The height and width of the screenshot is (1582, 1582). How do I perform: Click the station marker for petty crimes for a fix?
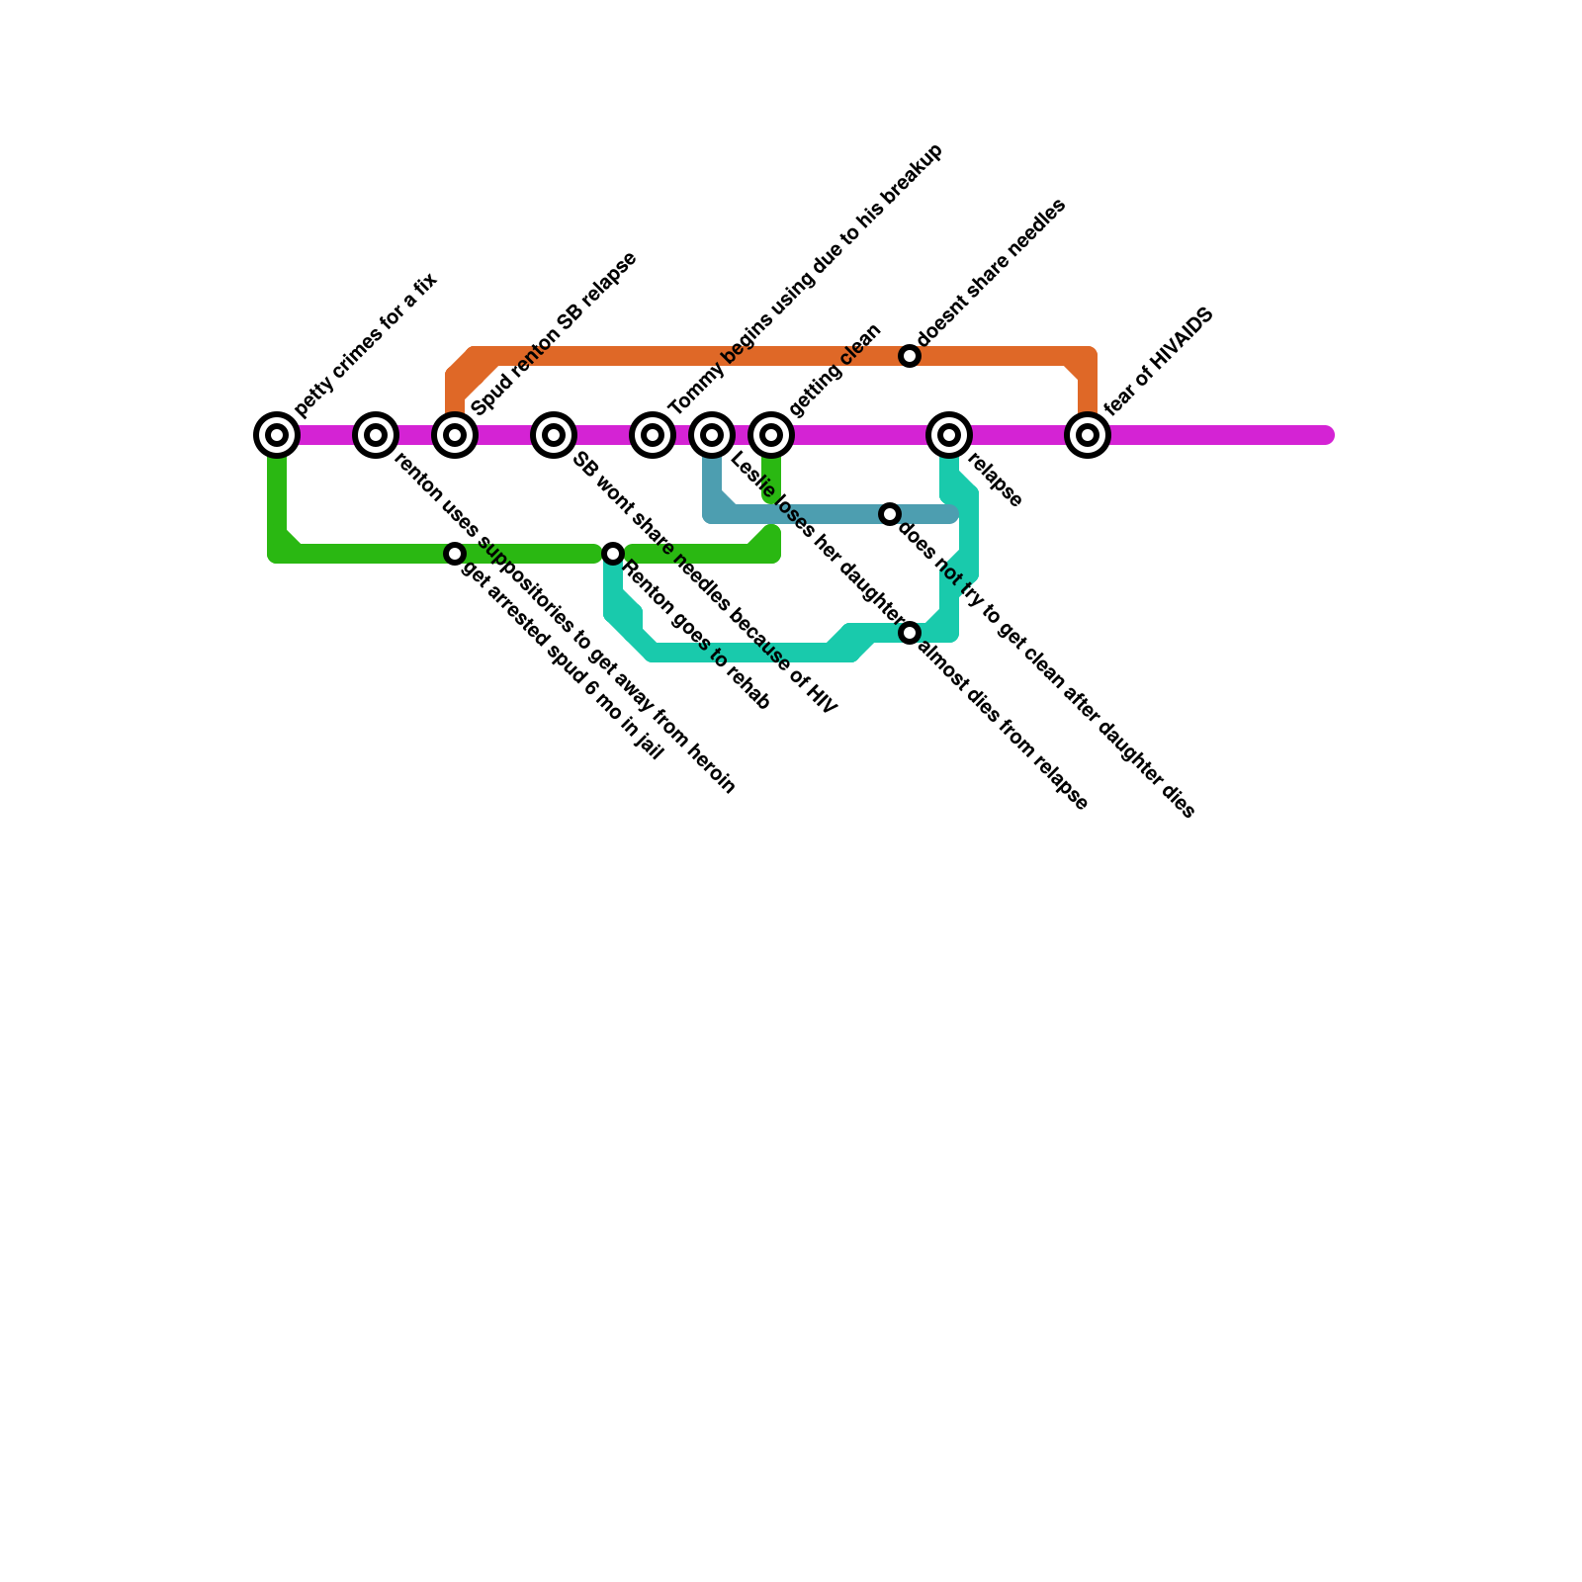(277, 435)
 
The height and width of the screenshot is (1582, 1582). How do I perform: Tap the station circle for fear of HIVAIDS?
(1088, 435)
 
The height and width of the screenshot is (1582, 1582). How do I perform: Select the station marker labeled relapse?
(949, 435)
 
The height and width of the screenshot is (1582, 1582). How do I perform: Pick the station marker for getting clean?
(771, 435)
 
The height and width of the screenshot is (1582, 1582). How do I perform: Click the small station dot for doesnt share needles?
(910, 356)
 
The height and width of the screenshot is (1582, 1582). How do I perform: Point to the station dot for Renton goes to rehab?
(613, 554)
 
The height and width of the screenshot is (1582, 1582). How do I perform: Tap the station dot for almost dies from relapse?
(910, 633)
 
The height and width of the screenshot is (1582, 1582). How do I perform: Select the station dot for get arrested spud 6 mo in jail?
(455, 554)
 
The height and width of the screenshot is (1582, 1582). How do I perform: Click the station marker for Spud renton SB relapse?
(455, 435)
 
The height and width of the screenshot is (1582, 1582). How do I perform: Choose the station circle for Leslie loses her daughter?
(712, 435)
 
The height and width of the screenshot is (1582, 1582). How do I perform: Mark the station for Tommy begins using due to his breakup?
(653, 435)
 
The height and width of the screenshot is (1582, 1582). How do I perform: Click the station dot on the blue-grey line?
(890, 514)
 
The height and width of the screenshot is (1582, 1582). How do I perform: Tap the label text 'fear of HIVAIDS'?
(1159, 362)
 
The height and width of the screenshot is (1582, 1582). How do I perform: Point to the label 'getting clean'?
(835, 370)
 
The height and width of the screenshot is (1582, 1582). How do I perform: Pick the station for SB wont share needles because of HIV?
(554, 435)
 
